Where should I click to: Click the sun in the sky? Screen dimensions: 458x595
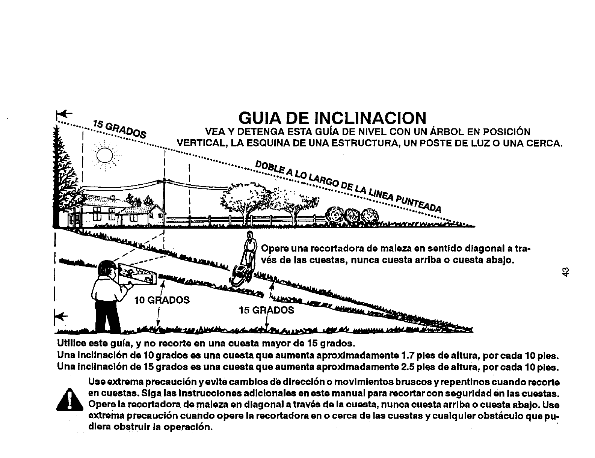point(105,154)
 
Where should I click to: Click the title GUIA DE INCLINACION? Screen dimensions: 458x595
point(332,118)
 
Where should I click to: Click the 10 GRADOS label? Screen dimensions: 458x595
point(162,300)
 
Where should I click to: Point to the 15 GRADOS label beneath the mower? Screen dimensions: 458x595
point(266,310)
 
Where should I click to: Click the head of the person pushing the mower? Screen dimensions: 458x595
point(250,237)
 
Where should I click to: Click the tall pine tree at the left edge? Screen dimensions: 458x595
point(61,176)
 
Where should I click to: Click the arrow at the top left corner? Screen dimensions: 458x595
point(63,113)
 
